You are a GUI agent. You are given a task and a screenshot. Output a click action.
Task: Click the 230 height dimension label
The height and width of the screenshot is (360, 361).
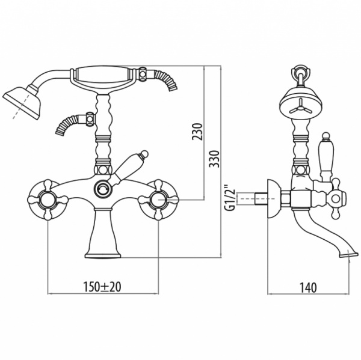click(x=197, y=132)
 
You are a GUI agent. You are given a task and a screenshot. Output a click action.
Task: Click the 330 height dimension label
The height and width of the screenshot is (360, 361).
click(x=214, y=159)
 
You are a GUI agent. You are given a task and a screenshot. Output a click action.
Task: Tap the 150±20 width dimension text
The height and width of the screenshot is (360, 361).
click(x=102, y=287)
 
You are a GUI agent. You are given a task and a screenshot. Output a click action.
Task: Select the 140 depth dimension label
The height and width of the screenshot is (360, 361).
click(x=308, y=287)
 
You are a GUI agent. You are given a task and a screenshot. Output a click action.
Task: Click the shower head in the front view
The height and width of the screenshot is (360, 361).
click(x=21, y=102)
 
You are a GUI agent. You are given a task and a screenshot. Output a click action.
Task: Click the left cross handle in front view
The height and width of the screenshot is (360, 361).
click(x=48, y=200)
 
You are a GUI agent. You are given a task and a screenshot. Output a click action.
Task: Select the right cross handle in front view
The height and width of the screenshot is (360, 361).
click(x=158, y=200)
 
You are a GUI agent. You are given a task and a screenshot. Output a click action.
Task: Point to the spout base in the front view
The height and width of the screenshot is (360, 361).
click(x=103, y=233)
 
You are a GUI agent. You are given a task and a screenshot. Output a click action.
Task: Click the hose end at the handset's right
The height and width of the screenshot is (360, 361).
click(x=166, y=80)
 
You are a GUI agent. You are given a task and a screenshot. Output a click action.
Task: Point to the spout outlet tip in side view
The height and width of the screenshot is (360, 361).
click(x=348, y=254)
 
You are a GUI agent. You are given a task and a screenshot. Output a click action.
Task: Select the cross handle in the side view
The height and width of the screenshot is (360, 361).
click(x=336, y=199)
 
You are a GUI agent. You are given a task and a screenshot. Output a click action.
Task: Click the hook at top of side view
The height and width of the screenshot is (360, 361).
click(x=300, y=73)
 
